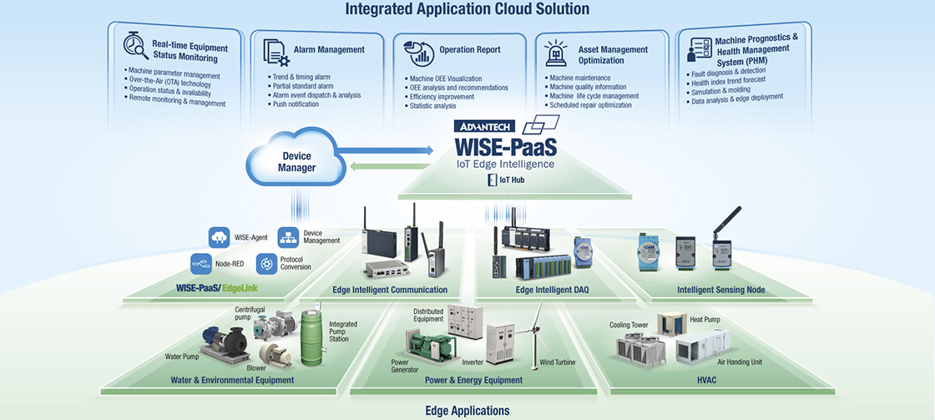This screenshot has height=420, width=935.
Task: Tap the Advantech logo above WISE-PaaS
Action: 485,127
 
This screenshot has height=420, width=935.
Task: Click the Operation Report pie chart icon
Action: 420,53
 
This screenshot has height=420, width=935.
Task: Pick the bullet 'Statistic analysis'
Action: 432,106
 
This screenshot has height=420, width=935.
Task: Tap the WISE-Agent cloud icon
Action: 220,237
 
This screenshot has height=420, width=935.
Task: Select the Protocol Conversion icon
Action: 267,264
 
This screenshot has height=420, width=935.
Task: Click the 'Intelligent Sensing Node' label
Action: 720,290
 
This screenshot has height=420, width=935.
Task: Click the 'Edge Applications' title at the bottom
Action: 467,410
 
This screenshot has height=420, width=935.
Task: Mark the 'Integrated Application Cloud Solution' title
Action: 467,9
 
